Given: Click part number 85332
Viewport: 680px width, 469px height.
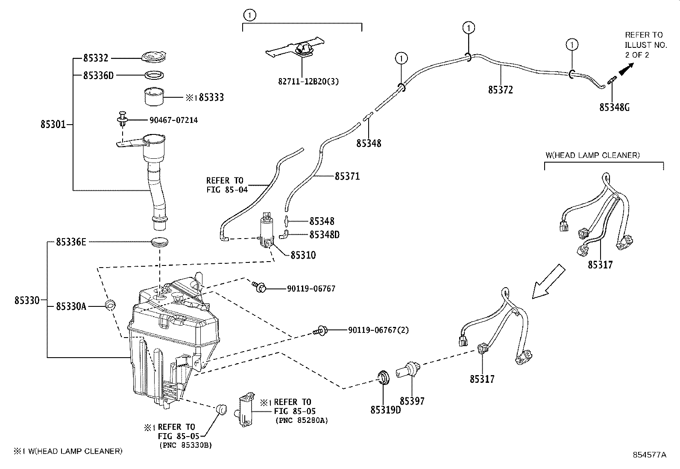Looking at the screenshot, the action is (96, 58).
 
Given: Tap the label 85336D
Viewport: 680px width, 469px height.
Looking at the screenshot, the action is (99, 75).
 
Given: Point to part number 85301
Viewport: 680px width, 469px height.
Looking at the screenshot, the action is (53, 125).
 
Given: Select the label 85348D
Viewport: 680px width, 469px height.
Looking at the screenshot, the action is (324, 234).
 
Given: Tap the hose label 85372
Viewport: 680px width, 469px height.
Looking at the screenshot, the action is (500, 90).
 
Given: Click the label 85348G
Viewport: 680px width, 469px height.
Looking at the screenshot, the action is (614, 107).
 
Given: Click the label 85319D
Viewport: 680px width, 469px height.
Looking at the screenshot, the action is (386, 409).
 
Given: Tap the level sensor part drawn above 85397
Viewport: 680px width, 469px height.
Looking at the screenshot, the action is (409, 368).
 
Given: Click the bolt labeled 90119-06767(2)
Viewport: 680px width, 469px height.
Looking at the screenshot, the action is (320, 330).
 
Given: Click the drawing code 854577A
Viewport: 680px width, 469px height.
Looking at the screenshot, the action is (649, 454).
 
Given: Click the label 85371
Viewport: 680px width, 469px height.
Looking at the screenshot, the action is (347, 176).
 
